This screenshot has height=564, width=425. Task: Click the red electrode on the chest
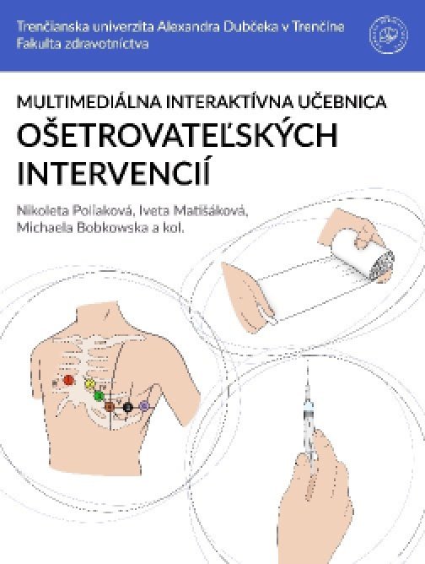click(68, 381)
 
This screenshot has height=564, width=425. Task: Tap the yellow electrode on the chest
click(90, 383)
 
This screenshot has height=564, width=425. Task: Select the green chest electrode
click(99, 395)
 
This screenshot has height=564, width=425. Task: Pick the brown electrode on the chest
click(110, 407)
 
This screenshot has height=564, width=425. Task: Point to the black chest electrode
click(127, 407)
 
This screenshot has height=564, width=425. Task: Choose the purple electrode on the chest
click(144, 407)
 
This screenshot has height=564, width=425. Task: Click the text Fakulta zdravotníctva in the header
click(80, 45)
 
